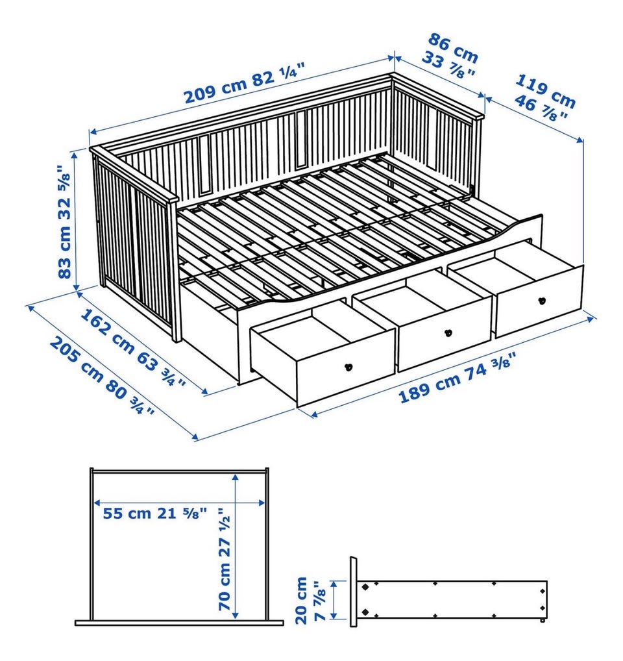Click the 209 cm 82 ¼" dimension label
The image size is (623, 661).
(244, 84)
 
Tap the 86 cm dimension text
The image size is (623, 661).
(453, 49)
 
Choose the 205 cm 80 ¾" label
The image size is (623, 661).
(101, 375)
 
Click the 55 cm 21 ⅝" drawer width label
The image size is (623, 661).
(155, 513)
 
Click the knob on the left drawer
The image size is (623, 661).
(348, 367)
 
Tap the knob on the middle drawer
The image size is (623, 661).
(448, 333)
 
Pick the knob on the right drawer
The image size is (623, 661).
(542, 301)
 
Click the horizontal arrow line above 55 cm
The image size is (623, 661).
(180, 503)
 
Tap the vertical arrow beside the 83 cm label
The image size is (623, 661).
(76, 221)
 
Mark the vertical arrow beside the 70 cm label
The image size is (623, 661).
(236, 546)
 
